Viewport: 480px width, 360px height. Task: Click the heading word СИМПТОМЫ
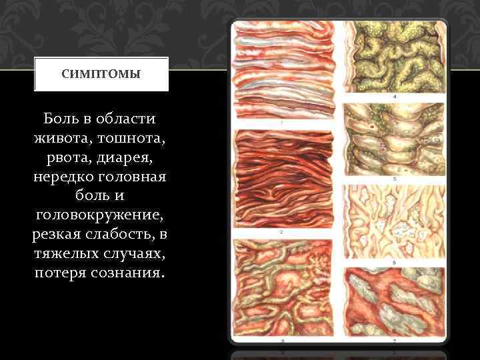pos(101,74)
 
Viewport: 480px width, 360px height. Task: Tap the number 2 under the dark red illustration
pos(283,232)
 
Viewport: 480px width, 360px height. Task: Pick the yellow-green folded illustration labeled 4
pos(393,57)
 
